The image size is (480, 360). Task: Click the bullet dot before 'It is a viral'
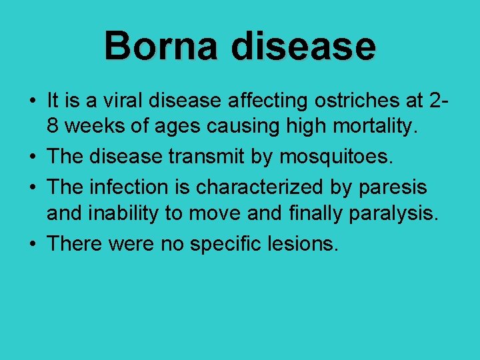pyautogui.click(x=32, y=102)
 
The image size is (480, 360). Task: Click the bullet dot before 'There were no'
pyautogui.click(x=32, y=245)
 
